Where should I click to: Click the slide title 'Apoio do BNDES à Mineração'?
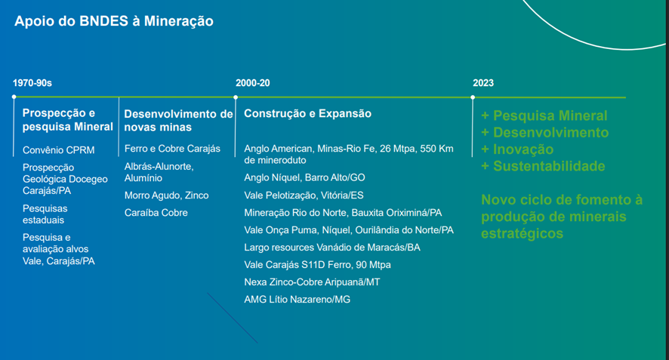(114, 21)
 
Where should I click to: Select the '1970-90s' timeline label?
(32, 83)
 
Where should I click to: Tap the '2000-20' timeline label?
(253, 83)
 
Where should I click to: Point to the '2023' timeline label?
(483, 83)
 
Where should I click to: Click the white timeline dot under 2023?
(473, 97)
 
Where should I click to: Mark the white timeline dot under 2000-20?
(236, 97)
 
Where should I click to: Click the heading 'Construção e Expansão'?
(307, 113)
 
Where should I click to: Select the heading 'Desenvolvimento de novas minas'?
(178, 120)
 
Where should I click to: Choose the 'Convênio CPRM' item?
(58, 150)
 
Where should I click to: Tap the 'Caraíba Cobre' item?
(156, 212)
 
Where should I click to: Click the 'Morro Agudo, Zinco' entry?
(166, 195)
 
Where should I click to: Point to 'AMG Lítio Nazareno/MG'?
(297, 300)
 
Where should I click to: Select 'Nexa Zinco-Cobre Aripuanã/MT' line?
(312, 282)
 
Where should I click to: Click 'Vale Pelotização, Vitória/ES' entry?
(304, 195)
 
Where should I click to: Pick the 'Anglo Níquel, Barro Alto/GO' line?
(304, 177)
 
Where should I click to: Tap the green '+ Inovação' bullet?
(517, 149)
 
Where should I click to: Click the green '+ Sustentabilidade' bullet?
(543, 166)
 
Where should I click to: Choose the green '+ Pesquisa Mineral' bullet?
(544, 115)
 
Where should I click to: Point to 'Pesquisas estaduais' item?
(45, 214)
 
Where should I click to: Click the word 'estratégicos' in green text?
(523, 234)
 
